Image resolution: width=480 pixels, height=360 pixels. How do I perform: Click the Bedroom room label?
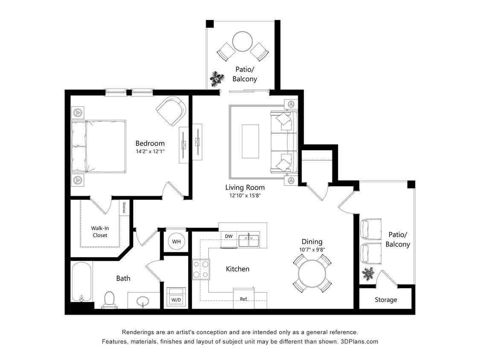coord(150,143)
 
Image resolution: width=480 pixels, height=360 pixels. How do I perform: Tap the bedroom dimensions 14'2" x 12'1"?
coord(150,152)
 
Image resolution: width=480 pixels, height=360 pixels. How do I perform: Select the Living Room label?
coord(245,187)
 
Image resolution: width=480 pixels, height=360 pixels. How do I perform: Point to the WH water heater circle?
coord(176,241)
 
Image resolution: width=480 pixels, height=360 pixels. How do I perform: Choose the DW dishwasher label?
coord(229,236)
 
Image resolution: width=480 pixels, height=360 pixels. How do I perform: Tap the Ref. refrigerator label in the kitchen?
coord(244,299)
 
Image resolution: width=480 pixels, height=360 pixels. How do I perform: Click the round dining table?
coord(312,273)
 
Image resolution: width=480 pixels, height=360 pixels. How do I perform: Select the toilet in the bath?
coord(110,299)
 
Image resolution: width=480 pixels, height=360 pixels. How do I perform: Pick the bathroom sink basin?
coord(143,302)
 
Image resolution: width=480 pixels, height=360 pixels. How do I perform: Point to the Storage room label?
coord(386,300)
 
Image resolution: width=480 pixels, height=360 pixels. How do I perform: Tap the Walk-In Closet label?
coord(100,232)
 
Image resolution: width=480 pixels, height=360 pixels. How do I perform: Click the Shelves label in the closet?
coord(124,208)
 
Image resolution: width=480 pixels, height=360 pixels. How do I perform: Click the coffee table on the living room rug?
coord(250,141)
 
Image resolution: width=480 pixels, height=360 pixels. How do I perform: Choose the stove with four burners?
coord(201,269)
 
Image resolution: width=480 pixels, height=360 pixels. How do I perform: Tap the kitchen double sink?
coord(249,240)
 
